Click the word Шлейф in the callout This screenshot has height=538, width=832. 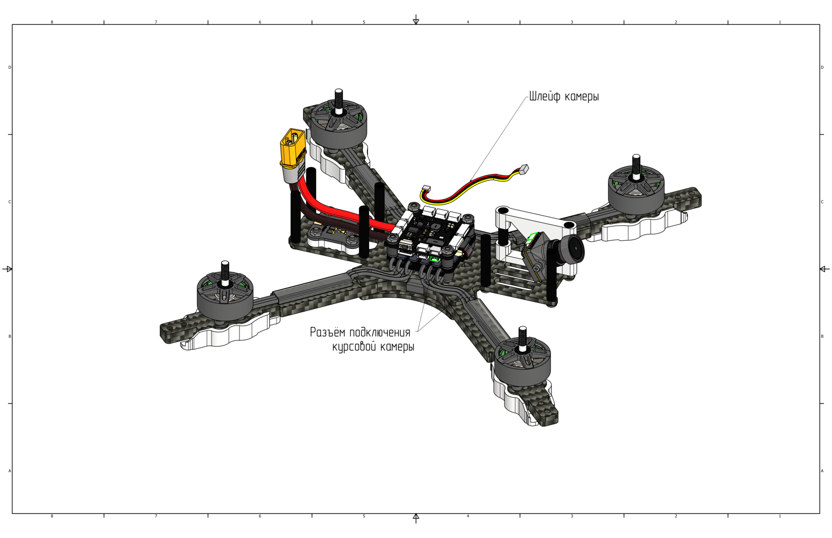pyautogui.click(x=545, y=96)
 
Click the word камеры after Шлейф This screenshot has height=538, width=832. pyautogui.click(x=581, y=97)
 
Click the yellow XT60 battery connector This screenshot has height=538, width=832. pyautogui.click(x=293, y=147)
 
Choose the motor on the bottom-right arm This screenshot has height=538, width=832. pyautogui.click(x=522, y=359)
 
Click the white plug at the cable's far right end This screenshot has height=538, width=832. pyautogui.click(x=524, y=170)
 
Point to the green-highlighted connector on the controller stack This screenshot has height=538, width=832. pyautogui.click(x=434, y=259)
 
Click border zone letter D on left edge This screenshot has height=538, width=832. pyautogui.click(x=9, y=67)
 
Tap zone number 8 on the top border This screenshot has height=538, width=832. pyautogui.click(x=52, y=22)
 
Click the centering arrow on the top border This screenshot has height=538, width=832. pyautogui.click(x=416, y=20)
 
